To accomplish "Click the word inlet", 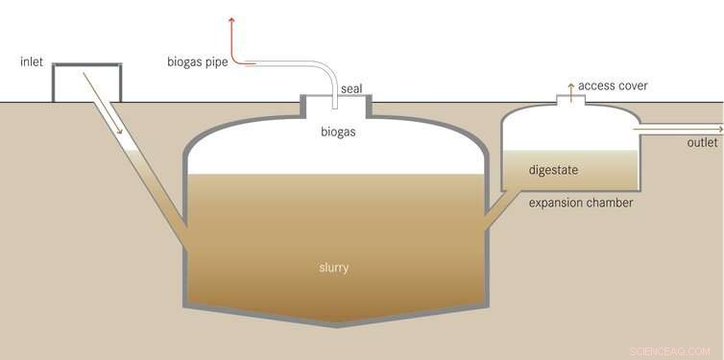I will [32, 62].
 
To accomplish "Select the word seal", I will [351, 89].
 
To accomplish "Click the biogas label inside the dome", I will [338, 132].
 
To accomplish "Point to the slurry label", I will [333, 267].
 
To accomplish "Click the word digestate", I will [555, 170].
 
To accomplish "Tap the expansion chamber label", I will [581, 204].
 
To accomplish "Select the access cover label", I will [613, 86].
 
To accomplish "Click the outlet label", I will [702, 143].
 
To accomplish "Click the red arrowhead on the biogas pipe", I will [231, 18].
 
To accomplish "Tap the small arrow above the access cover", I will [570, 86].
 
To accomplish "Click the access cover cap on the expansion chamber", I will [570, 100].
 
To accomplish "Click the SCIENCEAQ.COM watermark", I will [669, 350].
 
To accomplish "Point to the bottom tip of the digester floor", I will [337, 324].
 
